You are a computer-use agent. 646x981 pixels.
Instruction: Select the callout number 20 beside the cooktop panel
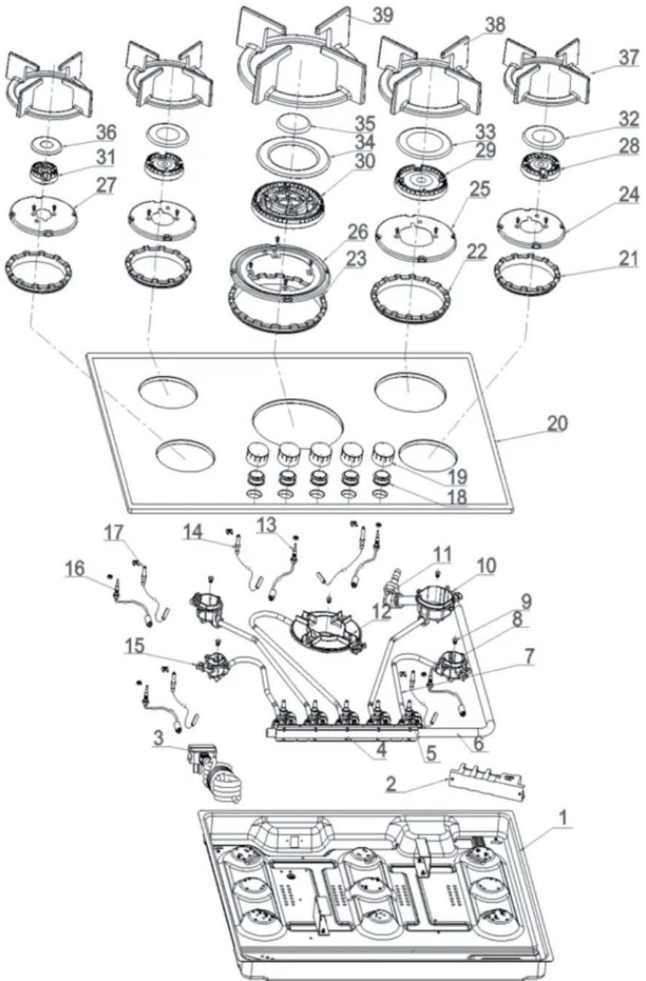556,423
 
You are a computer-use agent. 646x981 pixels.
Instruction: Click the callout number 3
159,738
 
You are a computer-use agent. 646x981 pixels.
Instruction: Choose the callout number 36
106,132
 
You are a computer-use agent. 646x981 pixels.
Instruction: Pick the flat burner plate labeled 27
43,212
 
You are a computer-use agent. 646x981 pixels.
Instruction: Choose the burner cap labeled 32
536,135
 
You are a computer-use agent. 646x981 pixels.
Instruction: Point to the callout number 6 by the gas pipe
478,744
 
